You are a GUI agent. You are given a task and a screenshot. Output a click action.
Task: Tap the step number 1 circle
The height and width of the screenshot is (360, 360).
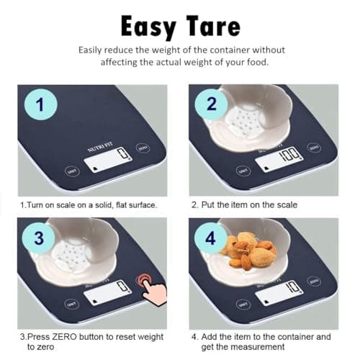point(41,106)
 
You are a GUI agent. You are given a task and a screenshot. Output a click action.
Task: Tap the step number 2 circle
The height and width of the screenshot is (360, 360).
point(210,106)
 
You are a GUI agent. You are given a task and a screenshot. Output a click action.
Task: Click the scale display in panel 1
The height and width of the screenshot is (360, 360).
point(108,160)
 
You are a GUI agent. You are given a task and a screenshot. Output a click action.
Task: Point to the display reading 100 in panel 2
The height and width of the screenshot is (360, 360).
point(281,157)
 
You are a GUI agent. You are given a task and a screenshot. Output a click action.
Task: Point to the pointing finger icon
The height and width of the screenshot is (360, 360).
point(153,292)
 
